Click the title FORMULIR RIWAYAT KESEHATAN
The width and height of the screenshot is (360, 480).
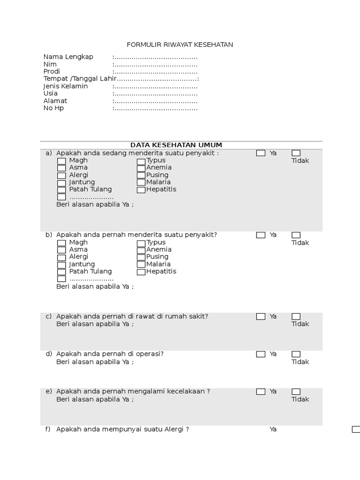(180, 45)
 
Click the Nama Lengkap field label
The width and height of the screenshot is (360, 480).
(68, 57)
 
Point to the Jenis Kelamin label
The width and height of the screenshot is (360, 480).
(66, 86)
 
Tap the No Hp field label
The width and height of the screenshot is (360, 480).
(53, 108)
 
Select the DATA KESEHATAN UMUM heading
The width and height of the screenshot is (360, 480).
(176, 145)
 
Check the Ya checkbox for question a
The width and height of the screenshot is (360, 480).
(261, 153)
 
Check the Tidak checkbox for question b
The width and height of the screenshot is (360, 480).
(296, 235)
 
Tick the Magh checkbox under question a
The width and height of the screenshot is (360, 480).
(61, 161)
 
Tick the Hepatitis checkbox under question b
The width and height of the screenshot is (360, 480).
(141, 272)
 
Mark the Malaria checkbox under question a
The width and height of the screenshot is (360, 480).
(141, 182)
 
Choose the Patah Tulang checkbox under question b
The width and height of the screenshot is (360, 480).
(61, 272)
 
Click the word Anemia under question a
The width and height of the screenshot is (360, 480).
(159, 167)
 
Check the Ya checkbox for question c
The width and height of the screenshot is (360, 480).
(261, 317)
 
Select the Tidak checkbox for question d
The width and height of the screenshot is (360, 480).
(296, 354)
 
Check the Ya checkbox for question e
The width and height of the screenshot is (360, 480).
(261, 392)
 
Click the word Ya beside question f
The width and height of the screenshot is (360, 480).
(273, 429)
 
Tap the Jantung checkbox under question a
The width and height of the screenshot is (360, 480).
(61, 183)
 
